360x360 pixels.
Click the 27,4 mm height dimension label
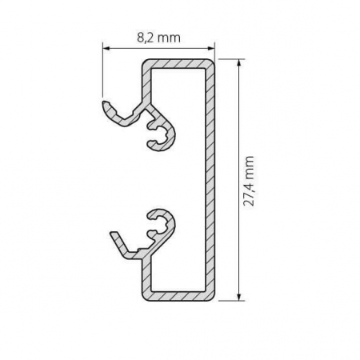point(250,182)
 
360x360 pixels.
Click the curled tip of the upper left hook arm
point(104,104)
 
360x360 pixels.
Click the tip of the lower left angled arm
point(113,235)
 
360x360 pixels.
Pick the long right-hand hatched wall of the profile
point(211,180)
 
